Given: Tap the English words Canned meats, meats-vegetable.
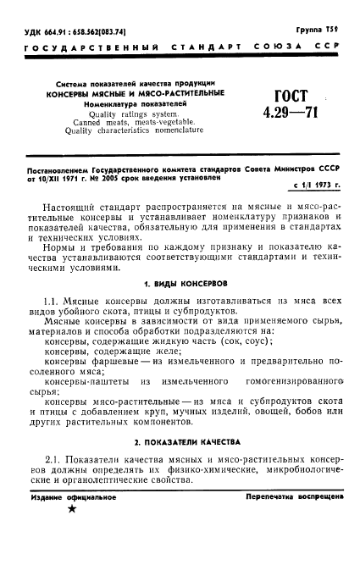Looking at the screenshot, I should pyautogui.click(x=134, y=123).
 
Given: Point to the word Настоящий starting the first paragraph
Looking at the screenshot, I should pyautogui.click(x=74, y=205).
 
